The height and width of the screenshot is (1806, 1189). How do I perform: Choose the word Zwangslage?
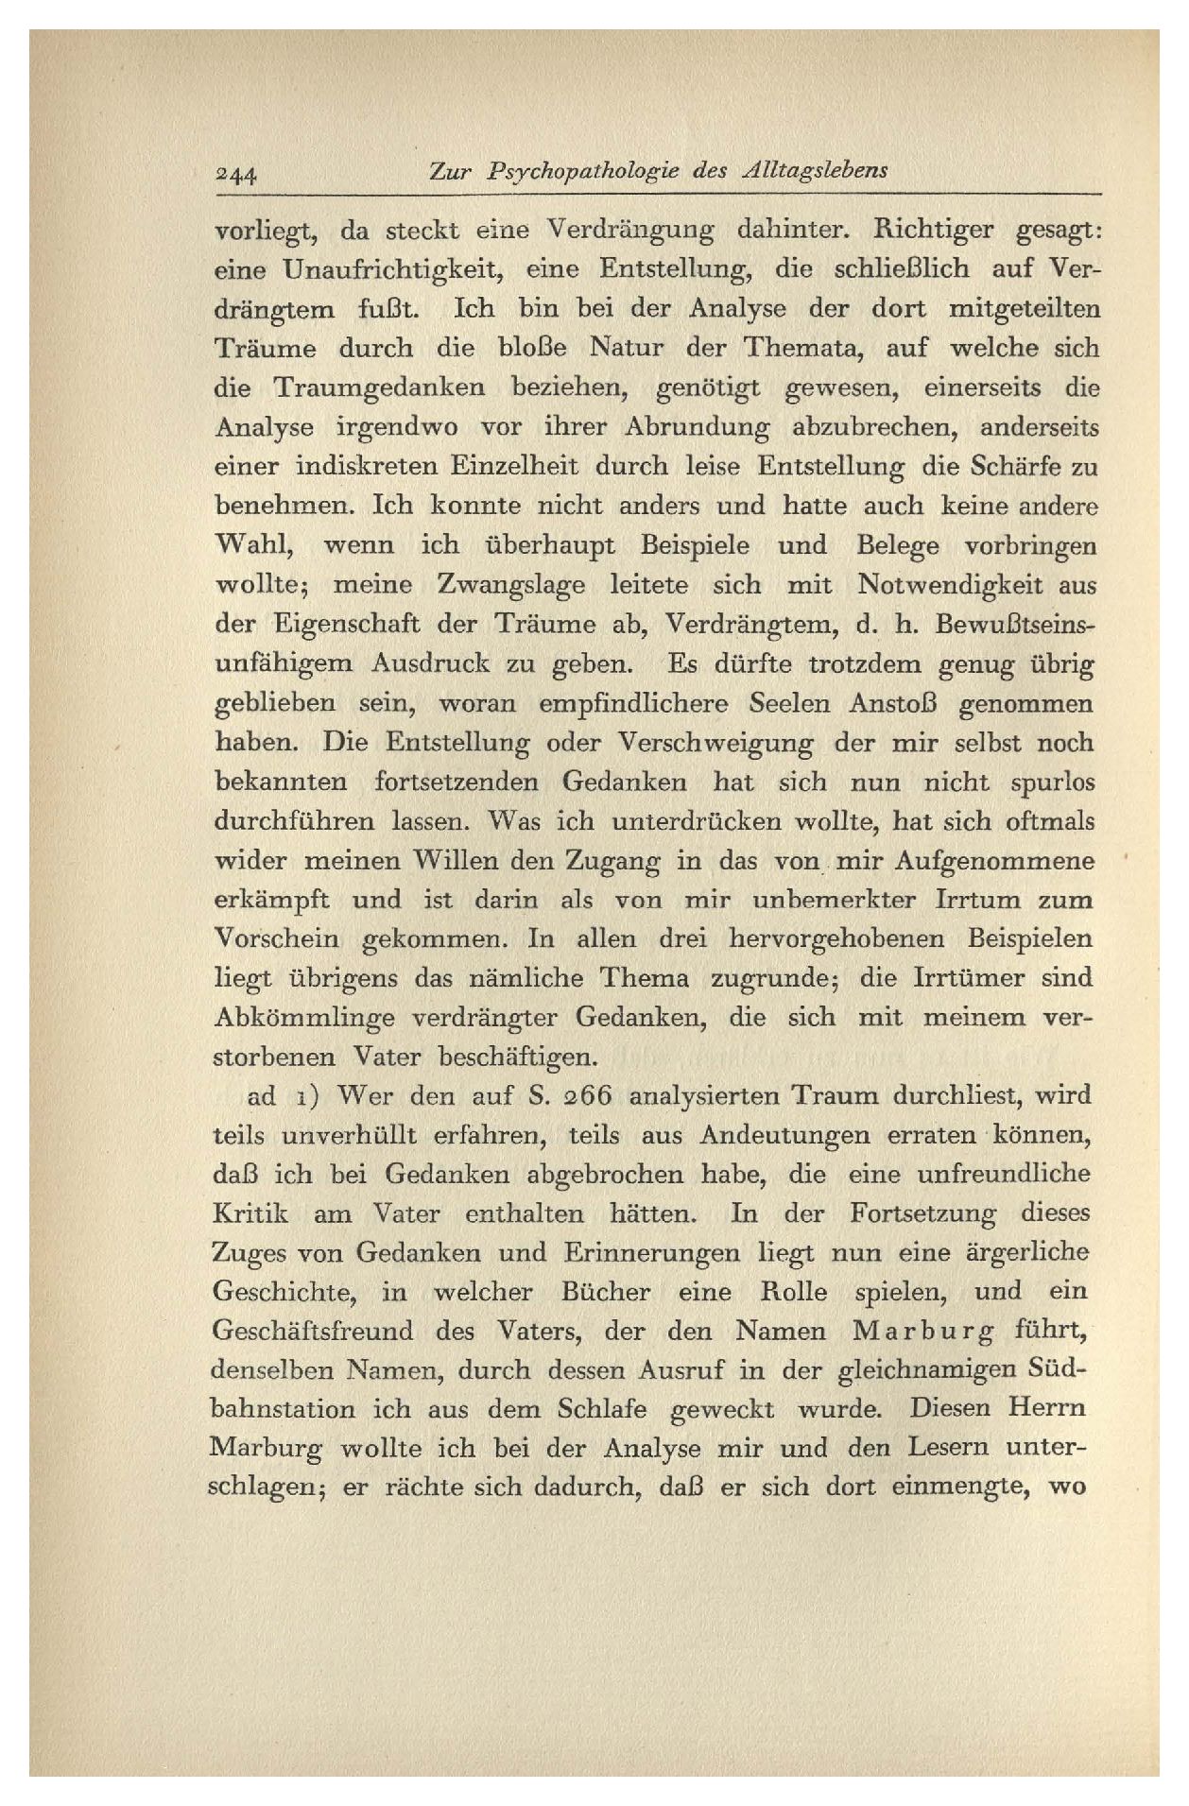point(511,585)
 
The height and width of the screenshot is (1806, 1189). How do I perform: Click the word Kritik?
point(250,1213)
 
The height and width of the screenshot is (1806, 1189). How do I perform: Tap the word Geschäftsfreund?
point(313,1332)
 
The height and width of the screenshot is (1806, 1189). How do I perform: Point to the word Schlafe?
point(602,1409)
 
